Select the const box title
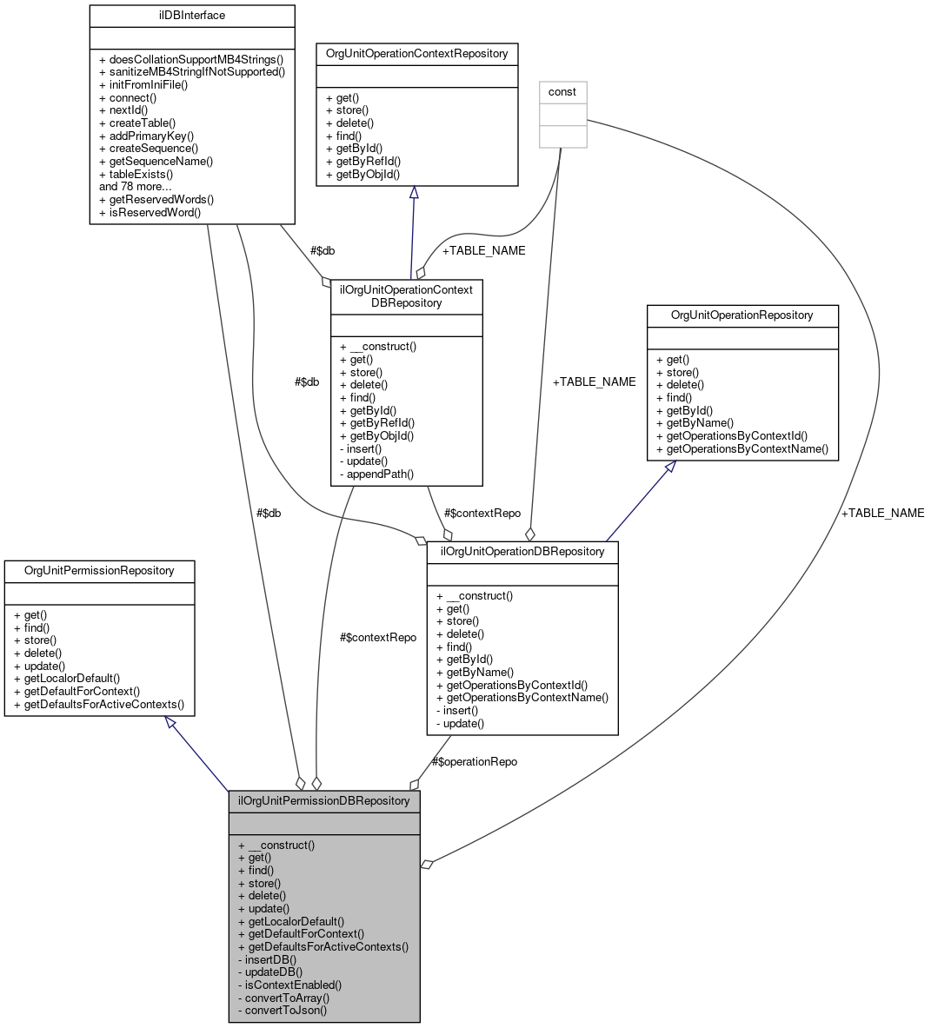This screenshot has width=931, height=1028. [x=562, y=92]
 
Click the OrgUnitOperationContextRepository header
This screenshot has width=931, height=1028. [x=416, y=54]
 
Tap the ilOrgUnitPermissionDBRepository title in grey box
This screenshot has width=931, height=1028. [x=323, y=800]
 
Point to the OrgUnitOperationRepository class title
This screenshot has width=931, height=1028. [x=741, y=315]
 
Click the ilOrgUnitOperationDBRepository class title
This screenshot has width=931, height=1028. [x=522, y=552]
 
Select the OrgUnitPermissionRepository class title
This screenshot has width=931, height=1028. [x=98, y=571]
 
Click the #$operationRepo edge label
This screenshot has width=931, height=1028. [x=475, y=762]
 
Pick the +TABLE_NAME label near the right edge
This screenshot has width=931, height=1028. [x=882, y=514]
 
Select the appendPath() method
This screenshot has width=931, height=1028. [x=380, y=474]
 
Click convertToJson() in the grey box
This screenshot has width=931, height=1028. [x=286, y=1011]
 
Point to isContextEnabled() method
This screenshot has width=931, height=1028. [x=293, y=985]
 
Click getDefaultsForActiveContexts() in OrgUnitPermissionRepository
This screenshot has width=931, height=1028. [x=104, y=704]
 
